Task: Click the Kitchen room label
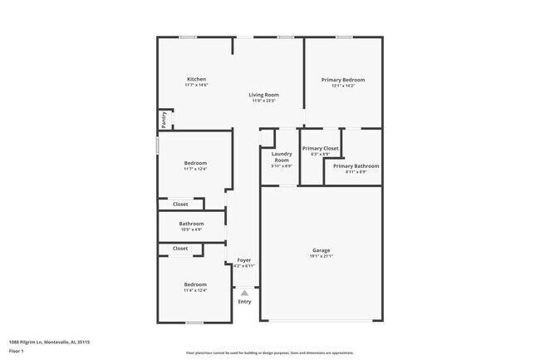point(196,80)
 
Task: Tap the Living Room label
point(263,95)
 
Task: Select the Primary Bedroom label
point(343,80)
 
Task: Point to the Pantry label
point(164,121)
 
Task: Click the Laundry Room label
point(282,156)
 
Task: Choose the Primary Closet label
point(320,148)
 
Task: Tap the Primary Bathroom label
point(356,165)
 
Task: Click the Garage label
point(321,250)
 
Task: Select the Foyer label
point(244,260)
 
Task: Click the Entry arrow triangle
point(244,293)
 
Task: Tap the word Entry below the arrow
point(244,302)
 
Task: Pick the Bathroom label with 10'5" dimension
point(191,223)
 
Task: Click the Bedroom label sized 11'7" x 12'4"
point(195,163)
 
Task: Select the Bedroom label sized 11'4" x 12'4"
point(195,284)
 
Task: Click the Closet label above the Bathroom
point(180,204)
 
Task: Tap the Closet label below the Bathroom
point(180,249)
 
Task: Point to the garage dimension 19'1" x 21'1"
point(321,256)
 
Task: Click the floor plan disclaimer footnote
point(270,353)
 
